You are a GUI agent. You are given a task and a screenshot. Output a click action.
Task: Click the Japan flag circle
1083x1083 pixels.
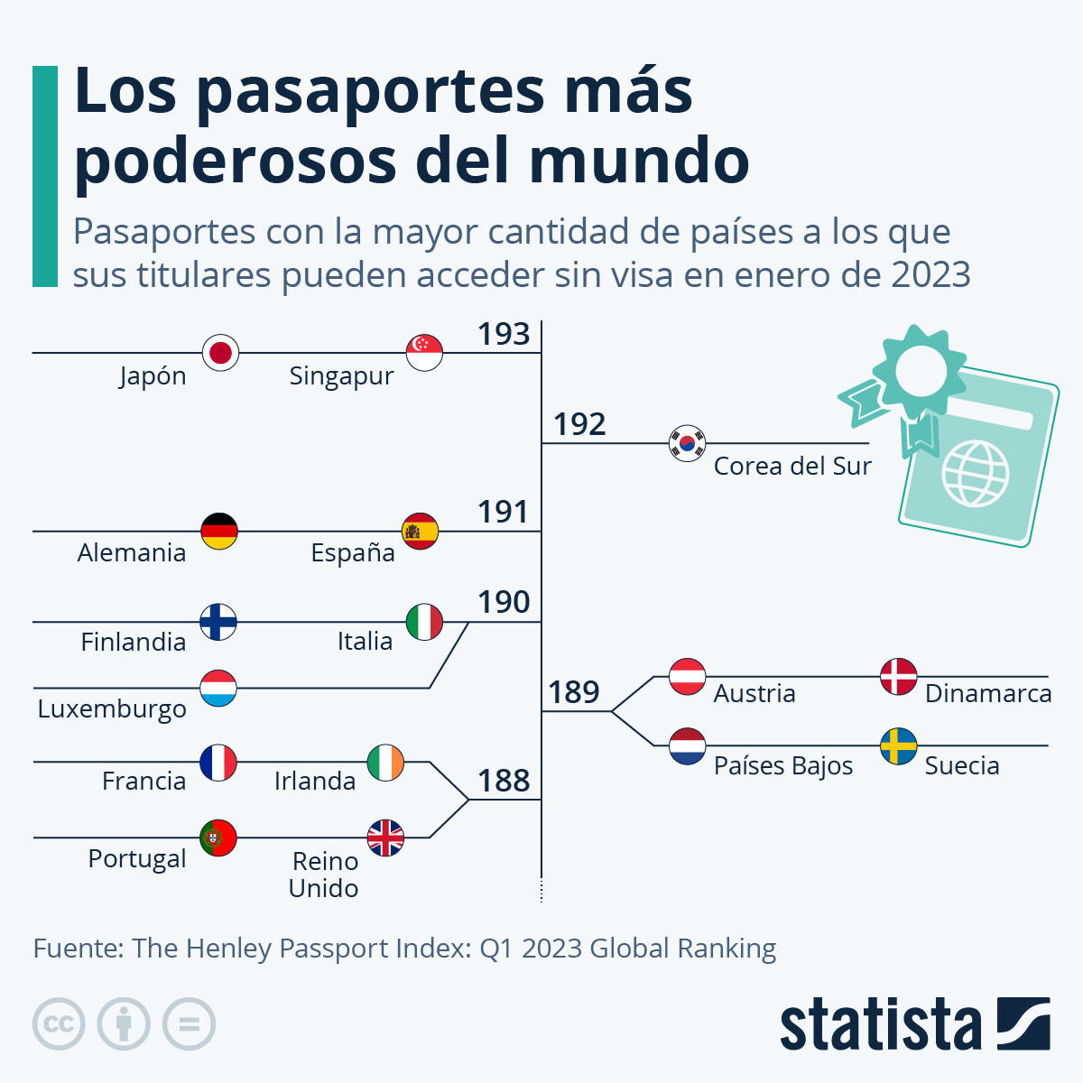[x=220, y=352]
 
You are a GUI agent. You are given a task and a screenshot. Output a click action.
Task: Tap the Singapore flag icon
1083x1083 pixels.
[x=424, y=352]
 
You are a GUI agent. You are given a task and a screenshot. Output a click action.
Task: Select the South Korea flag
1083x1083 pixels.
[x=687, y=443]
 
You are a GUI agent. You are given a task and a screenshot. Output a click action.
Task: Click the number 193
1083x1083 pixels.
[x=504, y=334]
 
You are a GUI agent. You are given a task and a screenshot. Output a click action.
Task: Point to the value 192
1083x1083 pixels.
[x=579, y=424]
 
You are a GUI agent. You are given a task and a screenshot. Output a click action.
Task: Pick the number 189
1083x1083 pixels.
[x=574, y=692]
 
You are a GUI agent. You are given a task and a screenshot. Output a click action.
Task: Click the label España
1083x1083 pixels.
[x=353, y=552]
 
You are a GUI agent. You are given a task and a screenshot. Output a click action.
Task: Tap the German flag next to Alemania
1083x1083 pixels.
[x=219, y=532]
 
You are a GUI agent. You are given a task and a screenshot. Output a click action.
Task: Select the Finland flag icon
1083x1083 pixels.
[x=218, y=622]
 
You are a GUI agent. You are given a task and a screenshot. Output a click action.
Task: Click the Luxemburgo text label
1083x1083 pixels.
[x=112, y=708]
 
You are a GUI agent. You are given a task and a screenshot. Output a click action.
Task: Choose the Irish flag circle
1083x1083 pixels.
[x=385, y=763]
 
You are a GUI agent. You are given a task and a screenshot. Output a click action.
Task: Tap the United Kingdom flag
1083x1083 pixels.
[x=385, y=838]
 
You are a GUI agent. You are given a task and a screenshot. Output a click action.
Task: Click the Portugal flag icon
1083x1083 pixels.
[x=218, y=838]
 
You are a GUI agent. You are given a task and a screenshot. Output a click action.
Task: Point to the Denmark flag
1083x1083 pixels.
[x=898, y=676]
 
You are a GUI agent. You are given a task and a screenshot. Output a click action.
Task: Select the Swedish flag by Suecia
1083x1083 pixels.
[x=898, y=746]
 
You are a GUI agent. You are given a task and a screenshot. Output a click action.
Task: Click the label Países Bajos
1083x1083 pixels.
[x=783, y=766]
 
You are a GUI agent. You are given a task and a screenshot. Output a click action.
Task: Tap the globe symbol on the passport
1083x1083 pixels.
[x=975, y=472]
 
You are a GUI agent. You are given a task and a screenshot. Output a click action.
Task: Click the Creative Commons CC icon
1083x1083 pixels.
[x=59, y=1024]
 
